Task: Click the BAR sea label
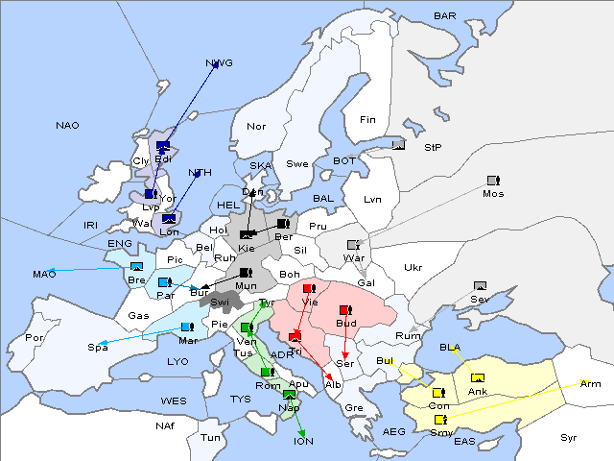[444, 15]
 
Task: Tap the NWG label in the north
[219, 64]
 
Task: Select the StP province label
[433, 147]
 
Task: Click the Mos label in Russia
[493, 193]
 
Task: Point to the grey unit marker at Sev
[480, 286]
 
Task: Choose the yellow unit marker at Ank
[478, 377]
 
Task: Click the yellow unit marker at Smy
[440, 420]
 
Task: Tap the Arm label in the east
[591, 383]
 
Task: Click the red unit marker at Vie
[308, 288]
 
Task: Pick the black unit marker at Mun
[246, 273]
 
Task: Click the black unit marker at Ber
[282, 224]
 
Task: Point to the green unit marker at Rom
[266, 372]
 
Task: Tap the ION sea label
[302, 441]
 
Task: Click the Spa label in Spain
[98, 347]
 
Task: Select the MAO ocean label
[44, 274]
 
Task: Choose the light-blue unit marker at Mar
[186, 327]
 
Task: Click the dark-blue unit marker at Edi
[162, 146]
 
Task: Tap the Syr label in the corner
[570, 437]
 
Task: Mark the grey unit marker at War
[353, 245]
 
